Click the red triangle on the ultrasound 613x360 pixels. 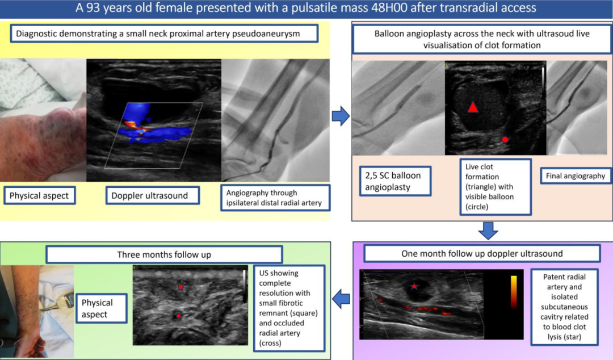(473, 107)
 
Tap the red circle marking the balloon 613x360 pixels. (505, 140)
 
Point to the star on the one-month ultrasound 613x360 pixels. (414, 286)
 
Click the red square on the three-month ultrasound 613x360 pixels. (180, 287)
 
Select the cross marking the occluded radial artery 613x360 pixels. (179, 316)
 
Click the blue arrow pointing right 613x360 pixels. (341, 116)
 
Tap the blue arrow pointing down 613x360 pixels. (488, 231)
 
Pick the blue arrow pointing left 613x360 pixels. (341, 299)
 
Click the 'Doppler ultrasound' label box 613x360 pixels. (153, 196)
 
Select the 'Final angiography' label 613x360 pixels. (576, 176)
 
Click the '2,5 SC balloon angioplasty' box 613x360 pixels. (395, 181)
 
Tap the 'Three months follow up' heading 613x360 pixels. (164, 255)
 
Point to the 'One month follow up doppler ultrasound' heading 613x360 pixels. (482, 254)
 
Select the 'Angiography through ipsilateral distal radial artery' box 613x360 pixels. (276, 198)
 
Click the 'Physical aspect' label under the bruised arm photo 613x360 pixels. (40, 196)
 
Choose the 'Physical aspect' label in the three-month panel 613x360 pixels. (102, 308)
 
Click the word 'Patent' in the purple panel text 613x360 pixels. (564, 277)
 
